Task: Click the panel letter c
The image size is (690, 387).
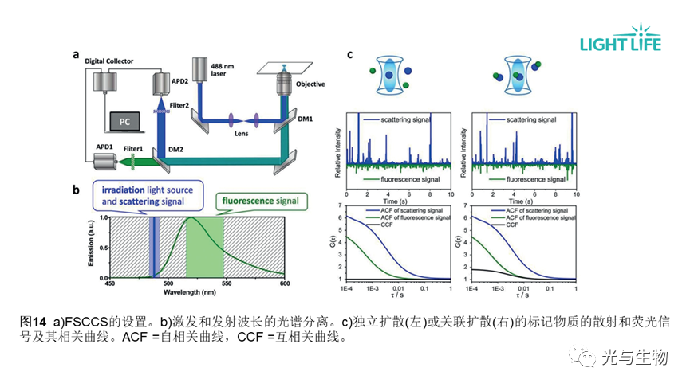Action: click(x=350, y=55)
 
